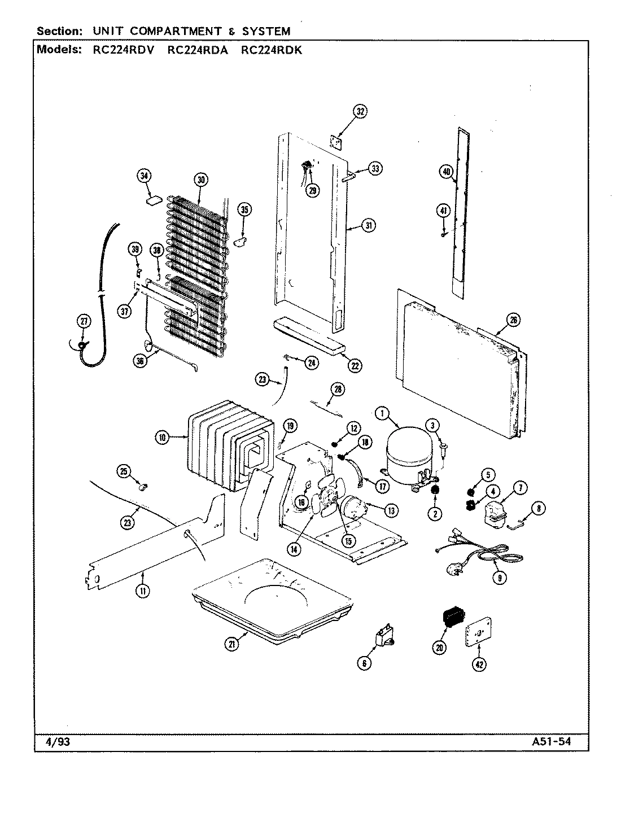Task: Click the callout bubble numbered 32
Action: [360, 111]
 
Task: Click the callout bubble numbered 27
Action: [83, 322]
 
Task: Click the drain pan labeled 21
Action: [271, 598]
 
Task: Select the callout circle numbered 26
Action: [513, 321]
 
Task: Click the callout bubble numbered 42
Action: [479, 665]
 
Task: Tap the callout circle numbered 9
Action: [498, 577]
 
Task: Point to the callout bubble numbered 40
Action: [447, 172]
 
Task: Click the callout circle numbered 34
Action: [145, 176]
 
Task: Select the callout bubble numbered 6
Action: [364, 664]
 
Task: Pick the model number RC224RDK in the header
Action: [272, 50]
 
